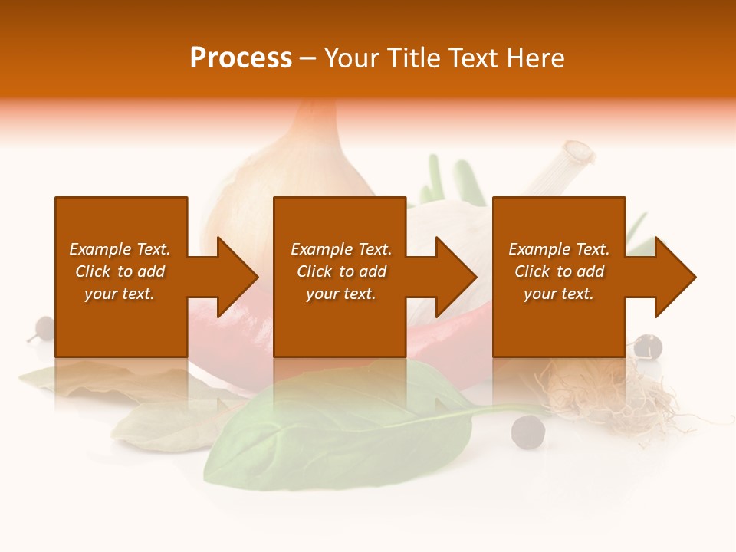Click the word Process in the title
point(241,58)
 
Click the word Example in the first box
point(100,249)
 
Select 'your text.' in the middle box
point(340,294)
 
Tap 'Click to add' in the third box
point(559,271)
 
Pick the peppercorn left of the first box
point(44,328)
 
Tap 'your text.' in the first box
point(119,294)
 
